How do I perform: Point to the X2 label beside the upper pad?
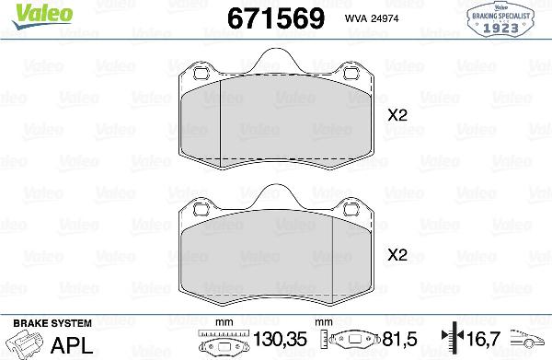tap(397, 116)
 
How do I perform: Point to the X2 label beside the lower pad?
tap(397, 255)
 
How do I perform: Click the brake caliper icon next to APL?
tap(26, 346)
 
